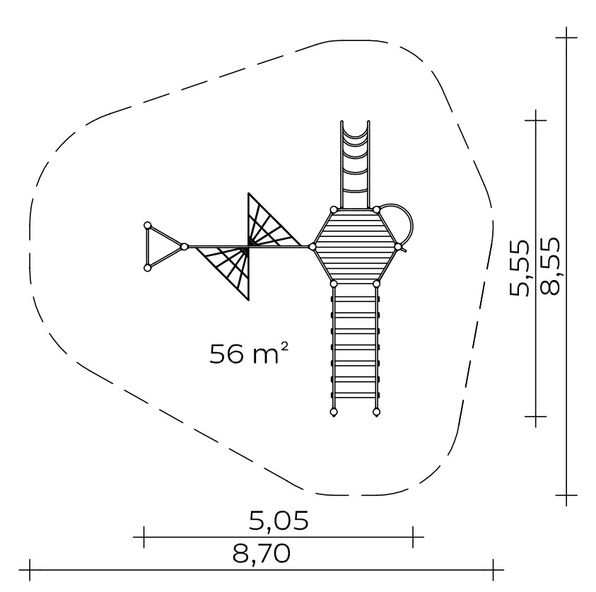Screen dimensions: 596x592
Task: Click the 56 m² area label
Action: [249, 353]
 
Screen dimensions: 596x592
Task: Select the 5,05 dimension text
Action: [279, 521]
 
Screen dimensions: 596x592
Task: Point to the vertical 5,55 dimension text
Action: [519, 267]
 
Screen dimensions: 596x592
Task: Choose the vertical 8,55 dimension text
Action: [550, 266]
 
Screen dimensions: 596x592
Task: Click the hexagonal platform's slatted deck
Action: [355, 247]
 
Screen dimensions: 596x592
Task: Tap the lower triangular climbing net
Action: [228, 270]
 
